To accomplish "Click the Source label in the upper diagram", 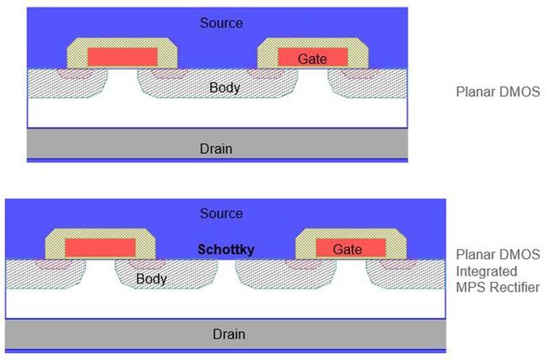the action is pyautogui.click(x=221, y=23).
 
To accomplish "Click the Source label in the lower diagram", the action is pyautogui.click(x=221, y=213).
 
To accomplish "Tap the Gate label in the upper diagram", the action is pyautogui.click(x=312, y=59).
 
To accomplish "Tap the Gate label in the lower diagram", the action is pyautogui.click(x=348, y=249).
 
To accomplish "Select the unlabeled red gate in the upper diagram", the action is pyautogui.click(x=122, y=57).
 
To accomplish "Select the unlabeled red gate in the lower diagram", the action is pyautogui.click(x=100, y=248).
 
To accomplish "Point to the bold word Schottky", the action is pyautogui.click(x=226, y=249).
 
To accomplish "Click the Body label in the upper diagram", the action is pyautogui.click(x=224, y=88).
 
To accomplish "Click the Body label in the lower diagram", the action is pyautogui.click(x=152, y=279).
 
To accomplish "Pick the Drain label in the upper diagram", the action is pyautogui.click(x=216, y=148).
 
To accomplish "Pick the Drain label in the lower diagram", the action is pyautogui.click(x=229, y=334).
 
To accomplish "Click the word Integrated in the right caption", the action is pyautogui.click(x=487, y=272).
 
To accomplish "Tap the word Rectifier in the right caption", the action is pyautogui.click(x=517, y=287).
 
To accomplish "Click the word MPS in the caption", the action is pyautogui.click(x=472, y=287).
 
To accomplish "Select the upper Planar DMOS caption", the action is pyautogui.click(x=498, y=92).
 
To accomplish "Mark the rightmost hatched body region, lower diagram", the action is pyautogui.click(x=406, y=274).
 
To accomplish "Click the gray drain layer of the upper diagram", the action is pyautogui.click(x=217, y=143).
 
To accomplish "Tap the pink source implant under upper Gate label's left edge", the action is pyautogui.click(x=265, y=73).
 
